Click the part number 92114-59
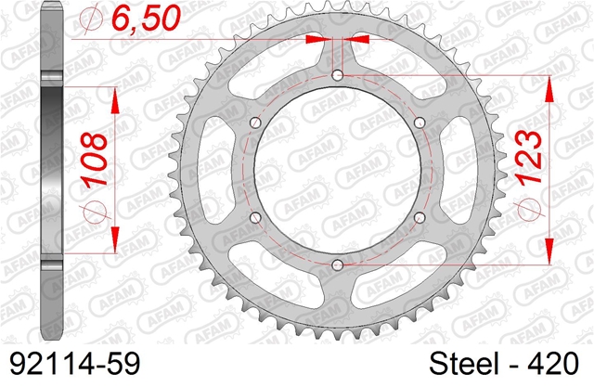tap(74, 364)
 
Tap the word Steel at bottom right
tap(463, 364)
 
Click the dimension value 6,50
tap(146, 19)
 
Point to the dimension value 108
tap(95, 160)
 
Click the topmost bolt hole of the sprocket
tap(337, 75)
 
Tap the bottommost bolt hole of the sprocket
tap(337, 264)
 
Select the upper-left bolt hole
tap(256, 123)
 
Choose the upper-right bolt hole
tap(420, 123)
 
